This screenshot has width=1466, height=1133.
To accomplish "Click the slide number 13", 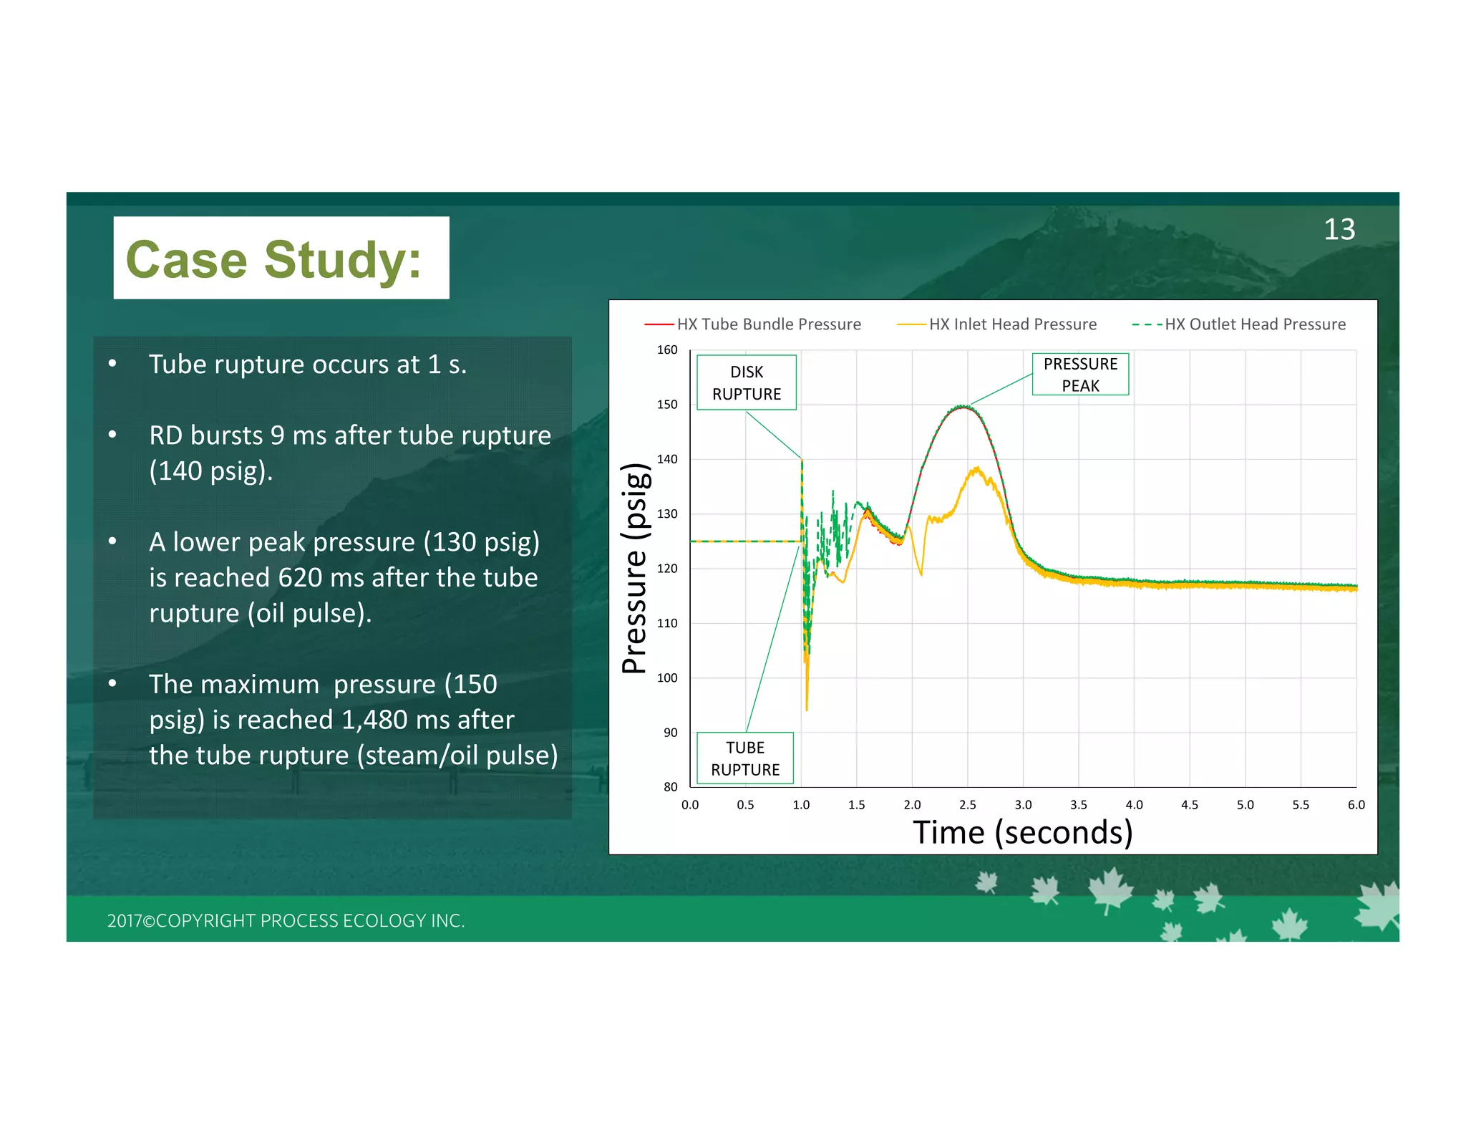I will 1339,230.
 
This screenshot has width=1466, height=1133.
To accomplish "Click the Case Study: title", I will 274,259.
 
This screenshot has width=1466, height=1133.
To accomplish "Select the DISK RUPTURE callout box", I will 746,383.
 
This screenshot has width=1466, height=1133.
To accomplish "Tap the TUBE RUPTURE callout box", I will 744,758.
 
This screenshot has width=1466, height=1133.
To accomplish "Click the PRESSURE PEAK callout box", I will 1079,375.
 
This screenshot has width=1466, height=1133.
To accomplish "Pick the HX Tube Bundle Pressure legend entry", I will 753,324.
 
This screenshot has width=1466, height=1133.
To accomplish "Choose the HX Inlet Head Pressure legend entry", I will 997,324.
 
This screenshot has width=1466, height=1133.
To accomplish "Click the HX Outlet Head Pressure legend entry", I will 1239,324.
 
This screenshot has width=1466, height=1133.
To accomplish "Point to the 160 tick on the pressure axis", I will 667,350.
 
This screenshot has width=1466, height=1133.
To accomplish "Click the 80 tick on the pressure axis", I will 670,787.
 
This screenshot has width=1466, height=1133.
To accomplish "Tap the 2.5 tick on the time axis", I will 967,805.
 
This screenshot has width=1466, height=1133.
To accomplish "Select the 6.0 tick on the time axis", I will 1356,805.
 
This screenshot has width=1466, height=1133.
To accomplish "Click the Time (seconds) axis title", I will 1022,833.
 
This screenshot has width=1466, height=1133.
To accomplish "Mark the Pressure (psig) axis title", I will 635,569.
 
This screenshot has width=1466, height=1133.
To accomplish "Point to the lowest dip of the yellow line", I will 807,709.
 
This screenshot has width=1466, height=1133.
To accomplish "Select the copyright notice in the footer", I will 286,921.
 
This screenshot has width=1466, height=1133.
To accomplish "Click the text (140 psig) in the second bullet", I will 210,471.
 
